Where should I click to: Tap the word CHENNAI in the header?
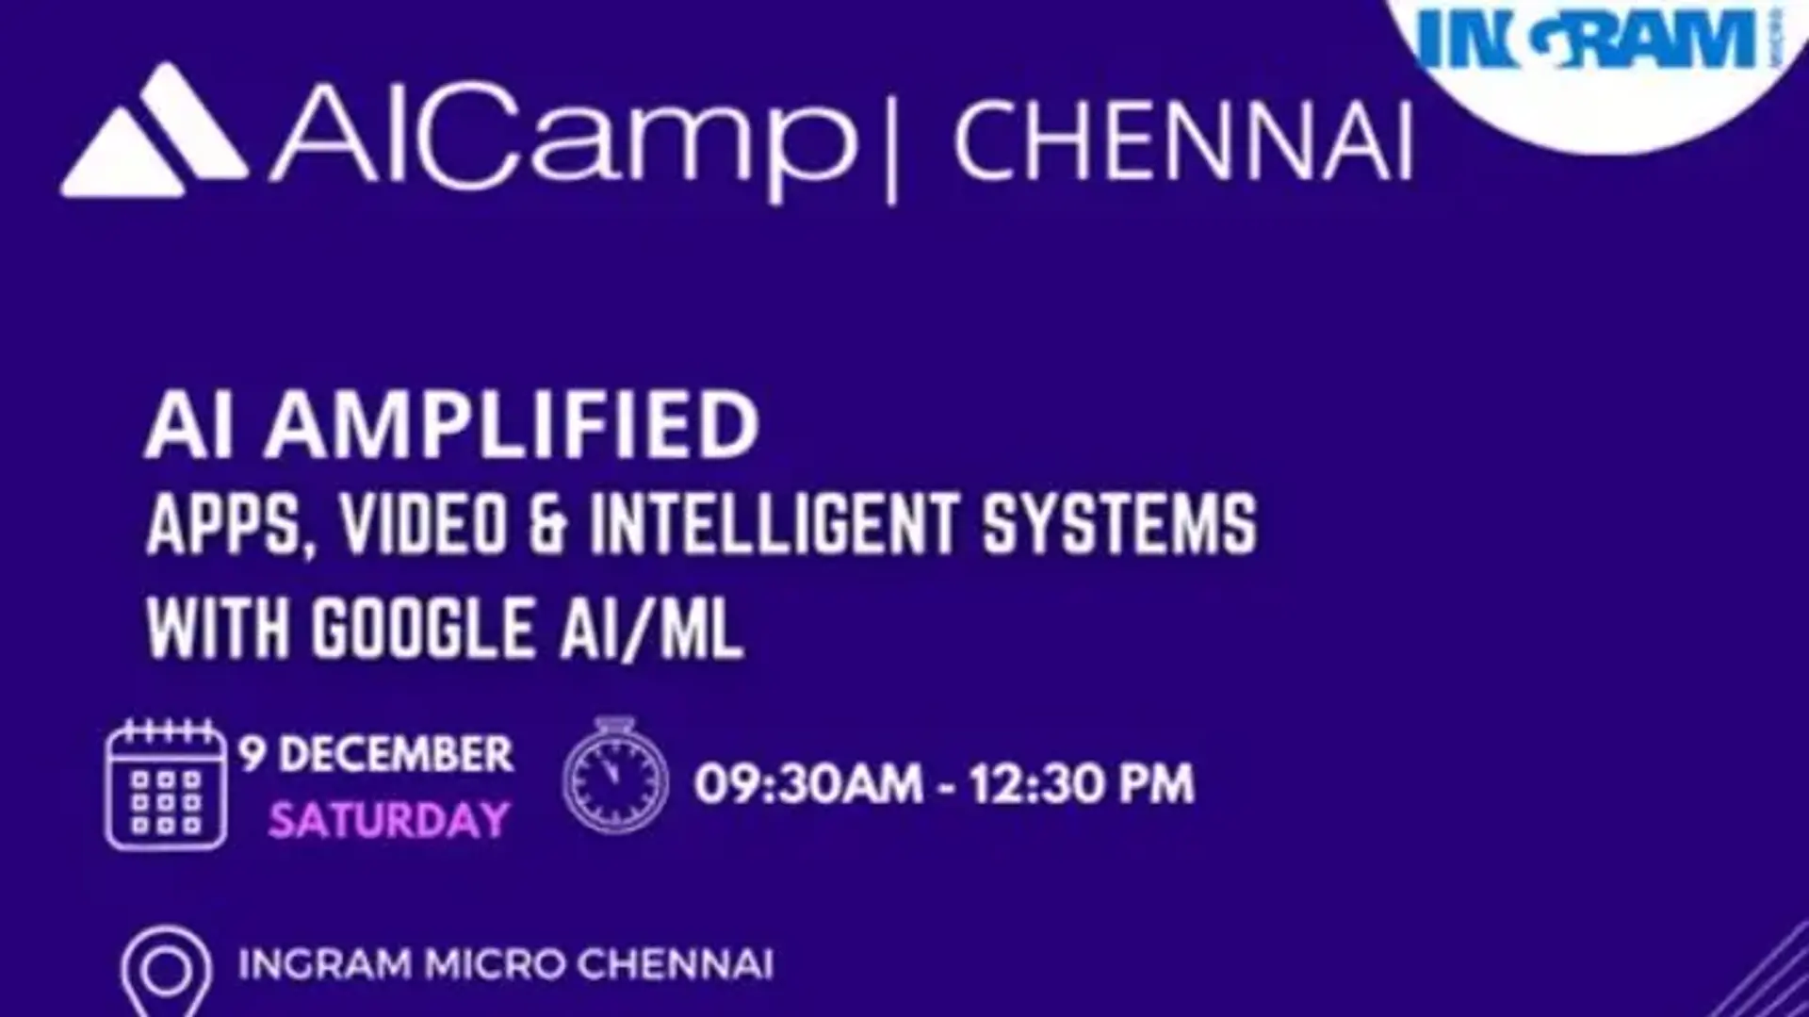[1182, 142]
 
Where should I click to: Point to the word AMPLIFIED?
[512, 426]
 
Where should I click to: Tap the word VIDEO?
[424, 524]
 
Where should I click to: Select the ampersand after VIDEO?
[548, 524]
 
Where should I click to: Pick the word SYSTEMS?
[1119, 524]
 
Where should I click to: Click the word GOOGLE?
[422, 629]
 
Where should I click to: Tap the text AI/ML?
[650, 629]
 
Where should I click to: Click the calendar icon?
[166, 785]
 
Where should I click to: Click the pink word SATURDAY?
[388, 820]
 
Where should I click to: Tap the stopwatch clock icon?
[615, 778]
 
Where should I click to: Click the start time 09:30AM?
[808, 784]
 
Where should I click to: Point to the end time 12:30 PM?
[1082, 784]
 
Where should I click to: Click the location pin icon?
[166, 969]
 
